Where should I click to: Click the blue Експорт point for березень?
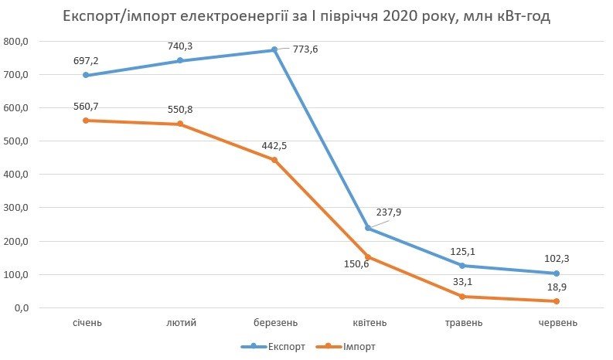tap(274, 50)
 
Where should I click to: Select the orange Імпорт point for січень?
tap(86, 121)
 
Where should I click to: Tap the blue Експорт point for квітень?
tap(368, 229)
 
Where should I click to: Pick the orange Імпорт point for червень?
tap(557, 301)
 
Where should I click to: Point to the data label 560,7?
tap(86, 107)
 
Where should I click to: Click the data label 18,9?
tap(557, 287)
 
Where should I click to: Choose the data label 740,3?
tap(180, 46)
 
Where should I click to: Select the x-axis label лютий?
tap(180, 321)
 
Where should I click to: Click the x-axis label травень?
tap(462, 321)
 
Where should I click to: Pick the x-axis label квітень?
tap(368, 321)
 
